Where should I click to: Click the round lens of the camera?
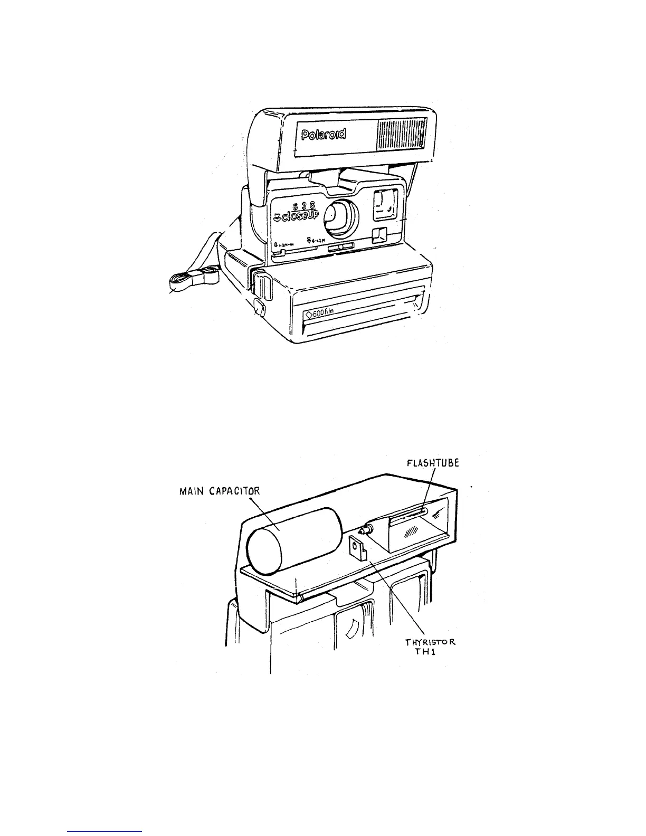pyautogui.click(x=338, y=217)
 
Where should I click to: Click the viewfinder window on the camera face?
pyautogui.click(x=385, y=205)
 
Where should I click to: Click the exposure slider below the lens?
pyautogui.click(x=341, y=247)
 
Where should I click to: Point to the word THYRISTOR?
pyautogui.click(x=430, y=642)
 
